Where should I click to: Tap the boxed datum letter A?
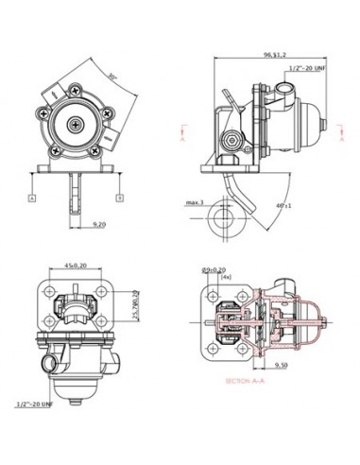click(32, 198)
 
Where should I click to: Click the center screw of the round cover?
click(77, 123)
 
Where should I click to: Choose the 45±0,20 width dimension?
click(77, 266)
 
